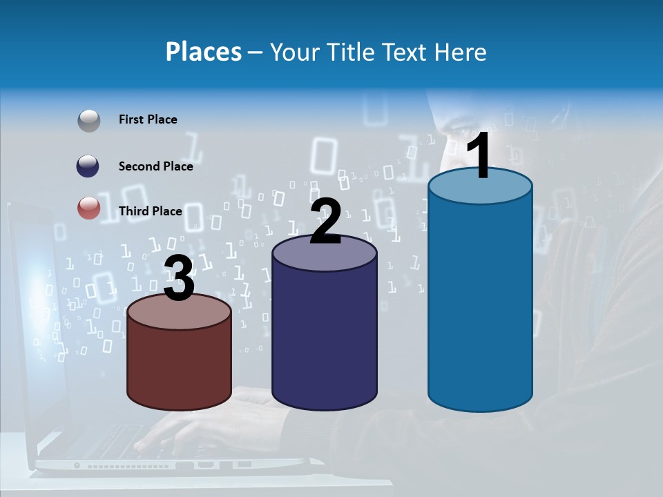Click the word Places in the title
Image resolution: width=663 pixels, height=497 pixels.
204,52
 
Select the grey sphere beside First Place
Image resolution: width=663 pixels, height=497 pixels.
88,120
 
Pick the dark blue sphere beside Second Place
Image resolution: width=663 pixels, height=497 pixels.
88,166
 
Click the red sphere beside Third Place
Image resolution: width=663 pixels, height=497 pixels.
88,208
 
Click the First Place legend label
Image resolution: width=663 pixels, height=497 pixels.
148,119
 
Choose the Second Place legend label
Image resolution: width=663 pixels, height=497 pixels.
155,166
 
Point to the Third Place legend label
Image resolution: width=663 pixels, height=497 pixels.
150,211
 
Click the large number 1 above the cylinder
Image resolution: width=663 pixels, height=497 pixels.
479,157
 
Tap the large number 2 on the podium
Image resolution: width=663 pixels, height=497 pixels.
325,221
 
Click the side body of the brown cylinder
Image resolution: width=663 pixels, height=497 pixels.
180,366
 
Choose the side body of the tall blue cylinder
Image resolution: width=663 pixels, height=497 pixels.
480,304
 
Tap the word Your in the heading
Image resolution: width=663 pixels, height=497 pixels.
293,52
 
